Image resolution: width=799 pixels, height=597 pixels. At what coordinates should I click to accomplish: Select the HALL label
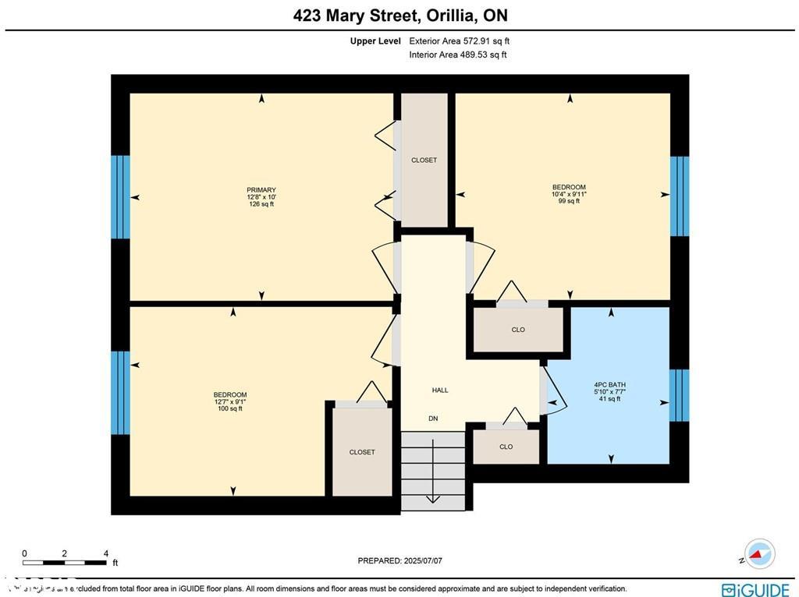(440, 390)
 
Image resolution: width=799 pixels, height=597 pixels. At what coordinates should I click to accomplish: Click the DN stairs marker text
(433, 419)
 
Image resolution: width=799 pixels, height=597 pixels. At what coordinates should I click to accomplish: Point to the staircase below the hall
(432, 471)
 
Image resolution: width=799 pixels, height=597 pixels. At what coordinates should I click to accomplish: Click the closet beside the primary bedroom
(424, 160)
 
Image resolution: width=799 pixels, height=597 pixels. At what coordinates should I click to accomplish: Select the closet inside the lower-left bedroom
(362, 452)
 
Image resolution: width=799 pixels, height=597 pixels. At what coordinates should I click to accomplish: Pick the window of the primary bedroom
(120, 196)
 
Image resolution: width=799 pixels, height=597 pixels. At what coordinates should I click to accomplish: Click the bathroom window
(680, 395)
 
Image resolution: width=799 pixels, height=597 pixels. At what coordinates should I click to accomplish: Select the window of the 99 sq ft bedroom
(680, 196)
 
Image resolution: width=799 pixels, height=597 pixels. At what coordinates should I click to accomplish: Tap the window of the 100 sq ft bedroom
(120, 393)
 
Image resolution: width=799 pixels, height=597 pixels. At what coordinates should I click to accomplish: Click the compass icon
(758, 554)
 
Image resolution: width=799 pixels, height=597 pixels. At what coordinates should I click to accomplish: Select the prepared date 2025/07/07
(405, 560)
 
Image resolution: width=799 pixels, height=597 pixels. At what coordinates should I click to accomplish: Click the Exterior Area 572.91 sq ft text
(459, 41)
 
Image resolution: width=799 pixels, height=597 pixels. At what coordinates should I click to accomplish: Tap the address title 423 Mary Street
(399, 16)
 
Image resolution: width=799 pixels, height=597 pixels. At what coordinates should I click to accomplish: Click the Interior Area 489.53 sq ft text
(458, 55)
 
